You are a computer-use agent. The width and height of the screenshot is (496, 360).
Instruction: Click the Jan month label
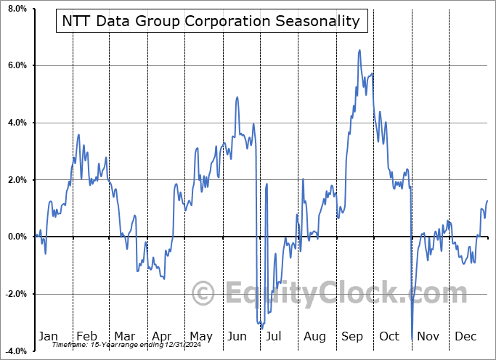pos(47,336)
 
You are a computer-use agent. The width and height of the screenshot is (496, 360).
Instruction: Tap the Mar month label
pos(124,336)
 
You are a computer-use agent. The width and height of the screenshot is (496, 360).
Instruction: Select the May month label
pos(201,336)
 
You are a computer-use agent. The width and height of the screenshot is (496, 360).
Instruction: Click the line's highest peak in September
pos(359,50)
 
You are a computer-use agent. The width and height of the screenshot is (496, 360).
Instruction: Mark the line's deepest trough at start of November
pos(412,339)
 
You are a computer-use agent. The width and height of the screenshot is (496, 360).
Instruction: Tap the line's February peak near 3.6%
pos(78,134)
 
